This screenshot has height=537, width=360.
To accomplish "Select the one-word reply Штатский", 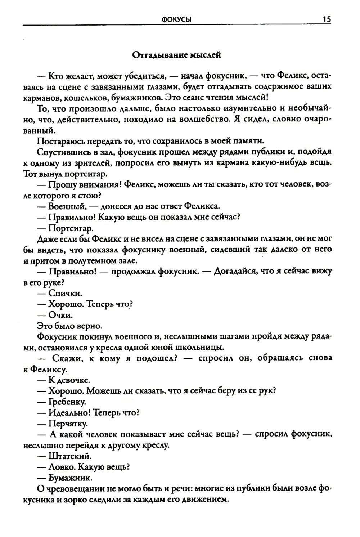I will tap(70, 456).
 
